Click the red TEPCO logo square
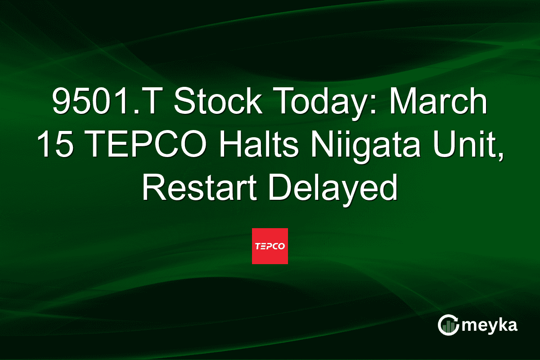point(270,246)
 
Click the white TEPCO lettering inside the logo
point(270,247)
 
